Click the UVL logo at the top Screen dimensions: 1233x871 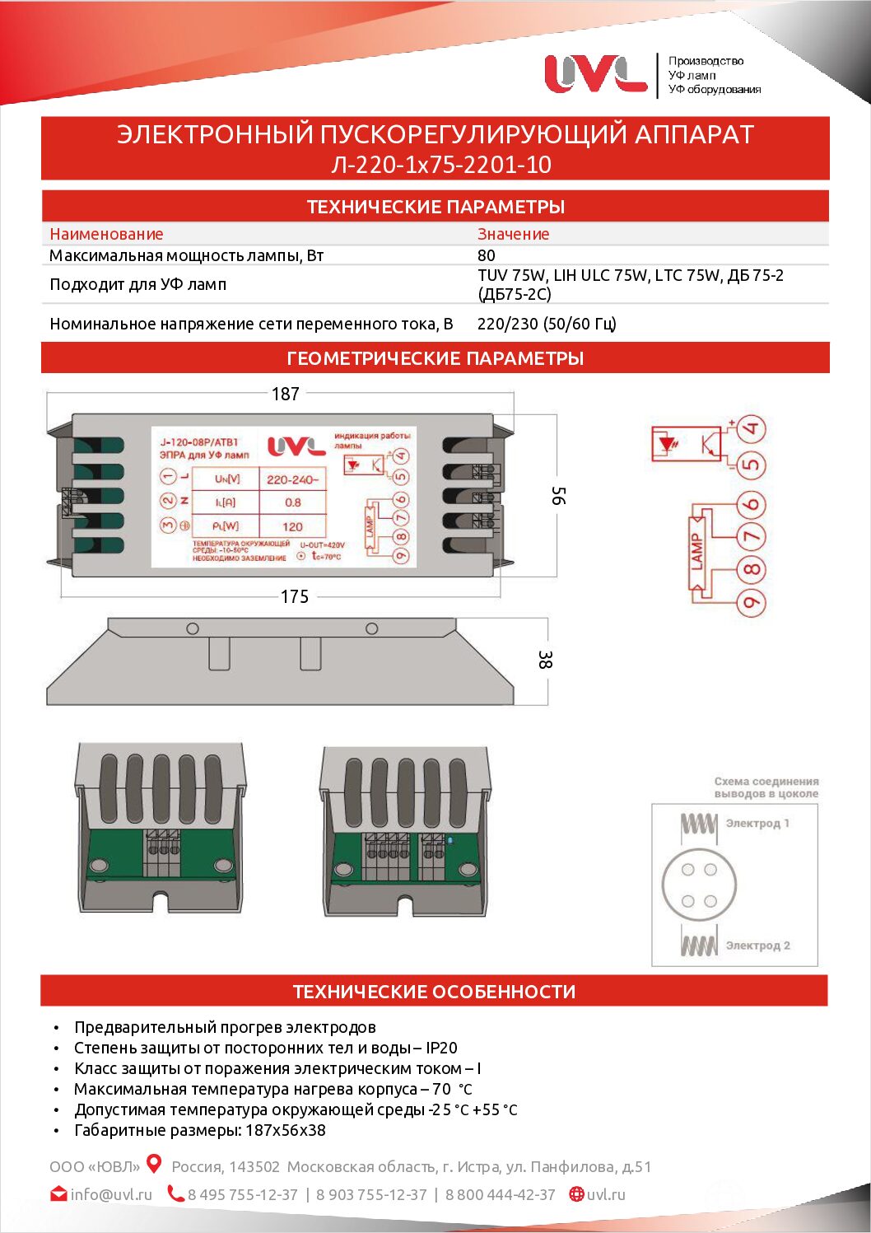click(595, 74)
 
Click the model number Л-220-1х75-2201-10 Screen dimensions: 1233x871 click(440, 165)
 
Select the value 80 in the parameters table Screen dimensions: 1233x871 click(487, 255)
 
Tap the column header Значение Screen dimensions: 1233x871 click(513, 234)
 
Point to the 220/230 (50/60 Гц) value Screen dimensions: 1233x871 click(547, 324)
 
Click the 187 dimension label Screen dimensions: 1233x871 click(286, 394)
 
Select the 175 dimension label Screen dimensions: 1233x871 click(295, 596)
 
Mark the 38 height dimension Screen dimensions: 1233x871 click(544, 660)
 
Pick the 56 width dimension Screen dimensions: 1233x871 click(558, 496)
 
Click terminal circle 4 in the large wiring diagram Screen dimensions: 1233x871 click(751, 429)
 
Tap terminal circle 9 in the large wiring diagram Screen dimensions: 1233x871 click(751, 602)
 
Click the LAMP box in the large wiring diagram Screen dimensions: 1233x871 click(697, 552)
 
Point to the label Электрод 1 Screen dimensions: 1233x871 click(757, 823)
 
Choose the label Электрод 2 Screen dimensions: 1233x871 click(757, 946)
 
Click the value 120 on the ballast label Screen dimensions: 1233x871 click(293, 526)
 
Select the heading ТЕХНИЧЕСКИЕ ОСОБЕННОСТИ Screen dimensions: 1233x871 click(434, 992)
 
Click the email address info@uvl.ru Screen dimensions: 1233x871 click(111, 1194)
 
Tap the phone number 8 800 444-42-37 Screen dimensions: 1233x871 click(501, 1194)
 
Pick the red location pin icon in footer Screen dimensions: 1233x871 click(154, 1164)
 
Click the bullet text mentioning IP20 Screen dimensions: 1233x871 click(265, 1048)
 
